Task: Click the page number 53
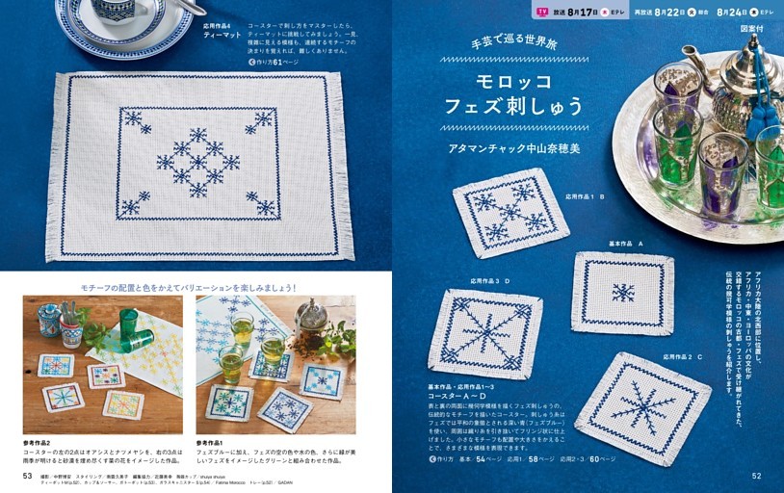coord(28,475)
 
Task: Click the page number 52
coord(757,475)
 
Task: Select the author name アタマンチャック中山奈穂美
coord(512,150)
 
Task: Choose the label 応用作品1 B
coord(578,196)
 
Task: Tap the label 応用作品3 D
coord(489,281)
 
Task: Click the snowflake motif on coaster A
coord(623,293)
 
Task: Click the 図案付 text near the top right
coord(752,30)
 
